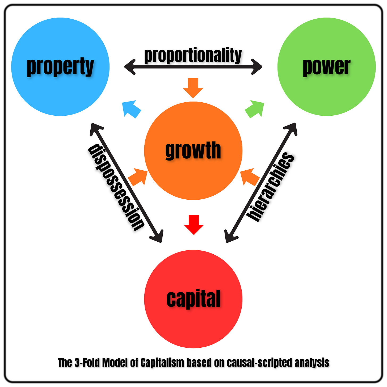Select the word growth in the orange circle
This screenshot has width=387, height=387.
click(193, 150)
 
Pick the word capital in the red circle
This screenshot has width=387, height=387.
click(193, 298)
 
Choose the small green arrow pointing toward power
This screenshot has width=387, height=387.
click(255, 108)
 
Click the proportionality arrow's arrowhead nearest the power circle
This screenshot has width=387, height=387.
click(257, 66)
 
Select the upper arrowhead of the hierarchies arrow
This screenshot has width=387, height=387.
click(292, 128)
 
